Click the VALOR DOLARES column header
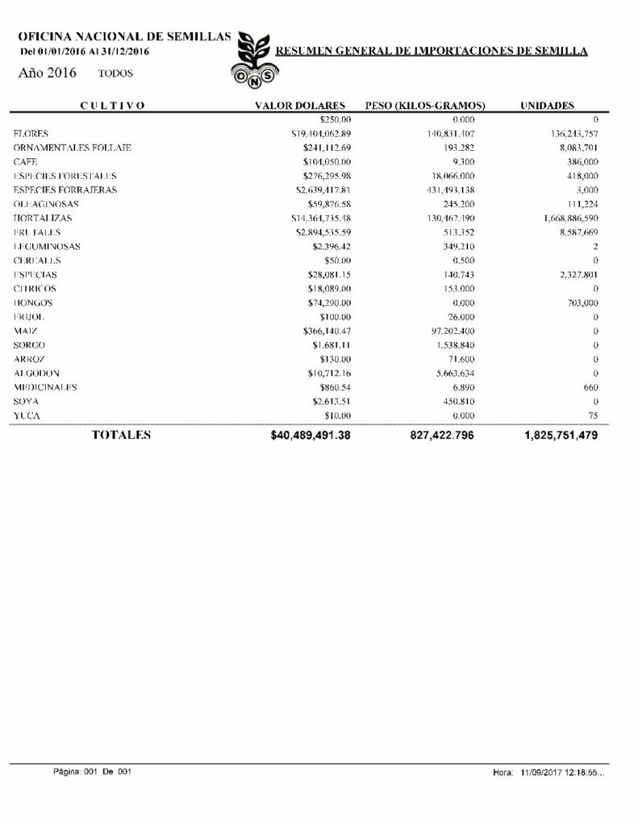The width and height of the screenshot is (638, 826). point(300,106)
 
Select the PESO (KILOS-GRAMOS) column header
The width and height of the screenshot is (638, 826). point(425,106)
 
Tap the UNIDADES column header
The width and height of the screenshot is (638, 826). point(547,106)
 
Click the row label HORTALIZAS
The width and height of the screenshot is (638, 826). point(43,219)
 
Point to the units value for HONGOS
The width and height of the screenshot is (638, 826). point(580,302)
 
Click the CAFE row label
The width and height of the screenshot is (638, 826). point(26,161)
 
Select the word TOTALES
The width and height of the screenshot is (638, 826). point(122,435)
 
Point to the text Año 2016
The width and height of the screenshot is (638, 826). point(47,73)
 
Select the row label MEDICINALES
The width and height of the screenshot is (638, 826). point(45,387)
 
